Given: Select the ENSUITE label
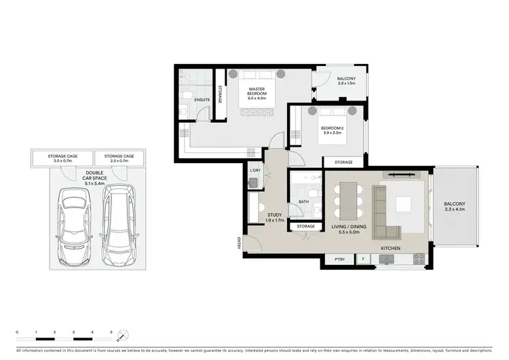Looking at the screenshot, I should pyautogui.click(x=202, y=101).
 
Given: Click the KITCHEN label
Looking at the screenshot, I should pyautogui.click(x=390, y=249).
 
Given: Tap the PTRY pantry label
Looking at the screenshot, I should pyautogui.click(x=339, y=259).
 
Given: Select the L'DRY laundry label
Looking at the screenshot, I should pyautogui.click(x=255, y=170).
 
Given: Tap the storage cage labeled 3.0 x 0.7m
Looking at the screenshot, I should pyautogui.click(x=62, y=159).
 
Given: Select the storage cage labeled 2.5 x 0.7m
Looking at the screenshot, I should pyautogui.click(x=119, y=159).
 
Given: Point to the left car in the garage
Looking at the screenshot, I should pyautogui.click(x=73, y=226).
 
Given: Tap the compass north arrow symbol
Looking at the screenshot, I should pyautogui.click(x=122, y=335).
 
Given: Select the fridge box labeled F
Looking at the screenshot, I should pyautogui.click(x=362, y=259).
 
